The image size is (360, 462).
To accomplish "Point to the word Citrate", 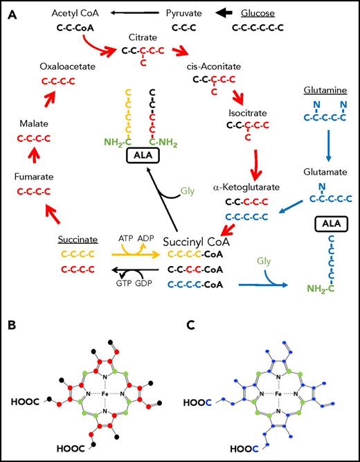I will [138, 36].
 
